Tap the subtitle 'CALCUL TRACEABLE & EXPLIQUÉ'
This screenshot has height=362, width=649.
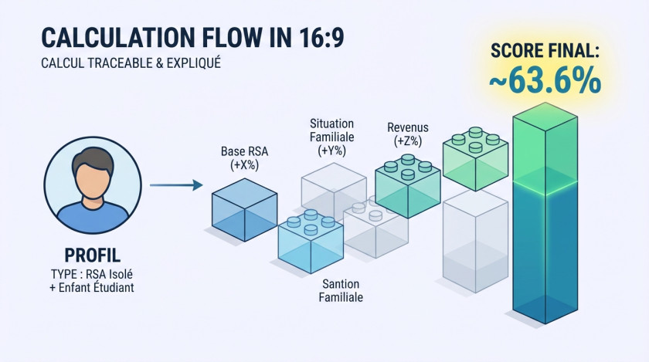[x=131, y=63]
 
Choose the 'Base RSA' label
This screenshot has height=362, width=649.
[x=245, y=151]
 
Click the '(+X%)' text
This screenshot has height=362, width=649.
[x=245, y=164]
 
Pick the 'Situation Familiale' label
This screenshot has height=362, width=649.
[x=331, y=130]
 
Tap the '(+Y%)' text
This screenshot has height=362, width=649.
[x=331, y=151]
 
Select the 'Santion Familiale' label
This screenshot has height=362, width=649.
[x=341, y=291]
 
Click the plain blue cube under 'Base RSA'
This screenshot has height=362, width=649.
[x=244, y=206]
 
